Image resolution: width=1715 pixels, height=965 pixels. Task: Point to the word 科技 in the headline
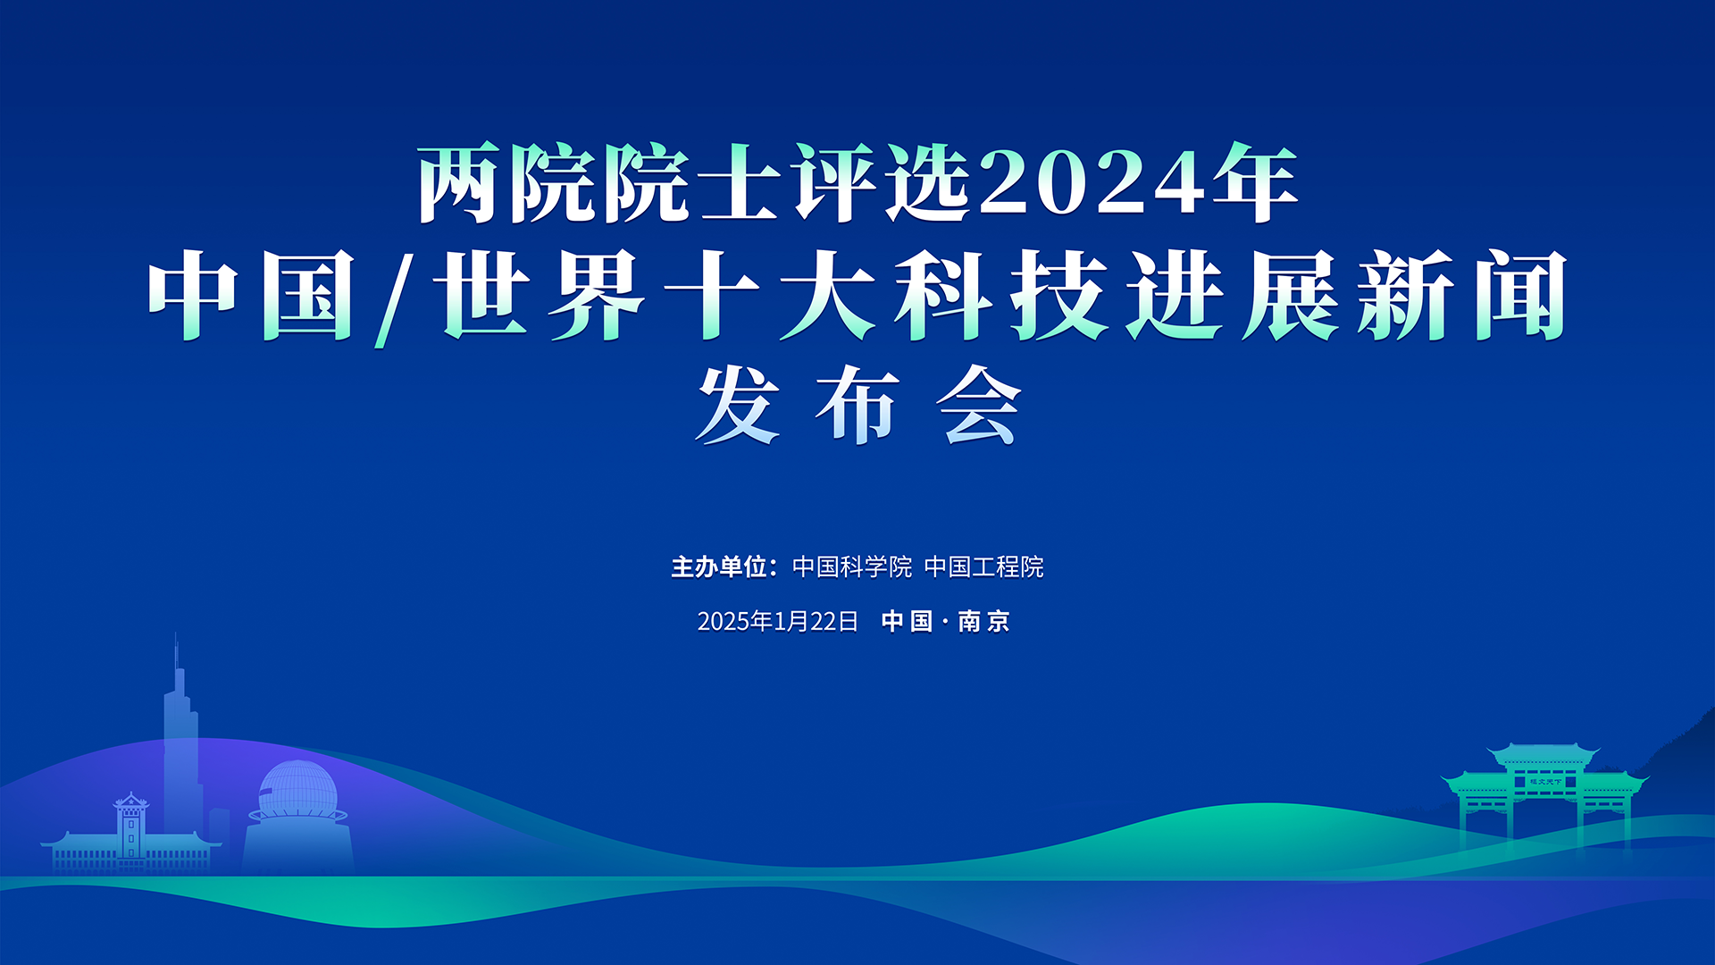pyautogui.click(x=1000, y=295)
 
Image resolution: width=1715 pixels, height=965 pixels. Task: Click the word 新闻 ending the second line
pyautogui.click(x=1463, y=295)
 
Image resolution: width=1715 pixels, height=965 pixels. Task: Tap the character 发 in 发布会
pyautogui.click(x=738, y=405)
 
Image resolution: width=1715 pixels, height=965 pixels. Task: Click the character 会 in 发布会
pyautogui.click(x=978, y=405)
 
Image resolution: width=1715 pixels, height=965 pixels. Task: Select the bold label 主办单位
pyautogui.click(x=719, y=566)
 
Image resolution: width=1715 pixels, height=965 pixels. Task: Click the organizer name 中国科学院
pyautogui.click(x=852, y=566)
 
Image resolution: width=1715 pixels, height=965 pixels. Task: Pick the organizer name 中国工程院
pyautogui.click(x=983, y=566)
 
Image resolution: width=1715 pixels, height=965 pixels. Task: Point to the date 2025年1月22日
pyautogui.click(x=777, y=621)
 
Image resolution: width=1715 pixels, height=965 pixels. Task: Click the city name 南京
pyautogui.click(x=983, y=621)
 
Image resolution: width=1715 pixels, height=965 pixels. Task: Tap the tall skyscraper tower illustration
pyautogui.click(x=181, y=742)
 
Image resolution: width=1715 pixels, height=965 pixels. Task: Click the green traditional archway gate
pyautogui.click(x=1544, y=795)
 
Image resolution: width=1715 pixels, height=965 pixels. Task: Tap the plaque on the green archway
pyautogui.click(x=1544, y=782)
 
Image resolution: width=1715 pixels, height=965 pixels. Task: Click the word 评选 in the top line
pyautogui.click(x=883, y=183)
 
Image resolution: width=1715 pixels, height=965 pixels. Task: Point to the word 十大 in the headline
pyautogui.click(x=770, y=295)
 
